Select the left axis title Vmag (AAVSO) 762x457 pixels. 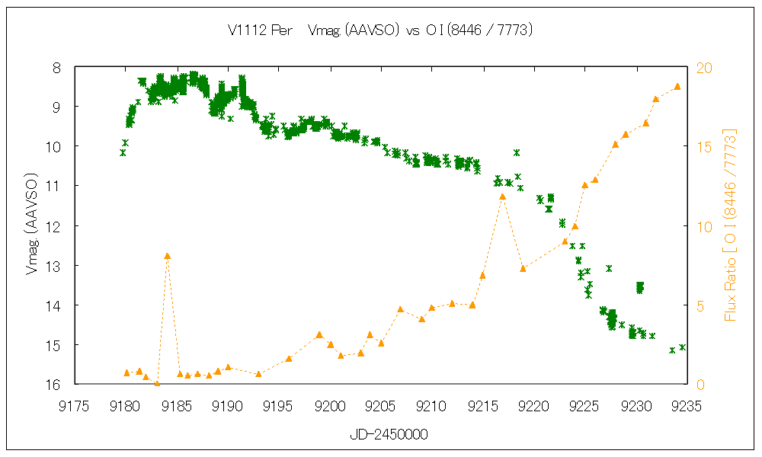[x=32, y=225]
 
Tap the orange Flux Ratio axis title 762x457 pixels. [x=732, y=225]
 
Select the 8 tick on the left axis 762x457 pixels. [x=56, y=67]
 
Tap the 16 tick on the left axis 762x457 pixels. [x=53, y=385]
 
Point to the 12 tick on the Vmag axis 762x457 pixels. [x=53, y=226]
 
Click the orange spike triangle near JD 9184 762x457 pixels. [x=167, y=256]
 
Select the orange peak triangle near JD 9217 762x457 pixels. [x=502, y=196]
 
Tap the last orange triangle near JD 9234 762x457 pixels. [x=677, y=86]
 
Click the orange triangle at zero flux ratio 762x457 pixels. [x=157, y=383]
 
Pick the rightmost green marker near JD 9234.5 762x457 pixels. [x=682, y=347]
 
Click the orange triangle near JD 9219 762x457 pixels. [x=523, y=268]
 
